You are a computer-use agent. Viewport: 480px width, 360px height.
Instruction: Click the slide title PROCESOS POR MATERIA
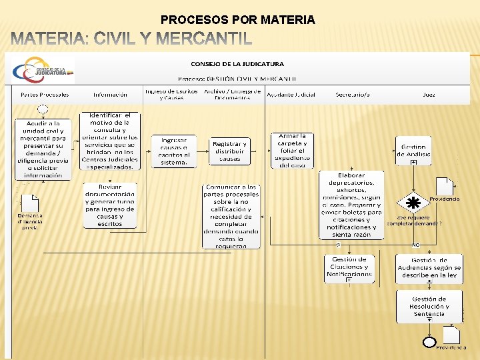click(237, 20)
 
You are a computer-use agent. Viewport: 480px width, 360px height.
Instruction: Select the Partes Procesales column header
click(45, 95)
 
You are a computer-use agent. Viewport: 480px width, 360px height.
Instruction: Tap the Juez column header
click(429, 95)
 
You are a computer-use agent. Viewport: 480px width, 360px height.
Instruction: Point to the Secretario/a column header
click(353, 95)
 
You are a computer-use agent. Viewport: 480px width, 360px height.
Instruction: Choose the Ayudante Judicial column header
click(291, 95)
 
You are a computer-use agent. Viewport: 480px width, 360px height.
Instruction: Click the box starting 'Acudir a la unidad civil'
click(43, 149)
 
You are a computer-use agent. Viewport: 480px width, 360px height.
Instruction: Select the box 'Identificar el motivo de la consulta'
click(109, 141)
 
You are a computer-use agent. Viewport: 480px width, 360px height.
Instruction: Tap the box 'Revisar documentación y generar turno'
click(109, 205)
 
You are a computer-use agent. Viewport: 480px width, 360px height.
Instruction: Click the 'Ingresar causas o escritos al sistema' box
click(173, 150)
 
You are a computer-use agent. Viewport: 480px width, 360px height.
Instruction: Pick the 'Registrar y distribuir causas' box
click(229, 151)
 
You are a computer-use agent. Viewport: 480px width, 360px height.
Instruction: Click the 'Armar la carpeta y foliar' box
click(292, 150)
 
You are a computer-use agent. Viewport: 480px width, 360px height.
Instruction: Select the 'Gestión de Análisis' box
click(414, 151)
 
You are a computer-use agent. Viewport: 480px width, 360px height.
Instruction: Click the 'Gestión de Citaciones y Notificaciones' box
click(349, 268)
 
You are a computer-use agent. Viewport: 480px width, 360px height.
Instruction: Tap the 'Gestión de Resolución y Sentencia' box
click(429, 306)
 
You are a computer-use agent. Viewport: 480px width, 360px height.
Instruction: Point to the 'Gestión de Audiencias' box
click(429, 268)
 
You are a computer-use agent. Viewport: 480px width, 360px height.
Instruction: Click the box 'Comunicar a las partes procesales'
click(231, 216)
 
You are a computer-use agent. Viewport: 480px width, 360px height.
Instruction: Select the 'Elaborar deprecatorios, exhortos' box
click(351, 205)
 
